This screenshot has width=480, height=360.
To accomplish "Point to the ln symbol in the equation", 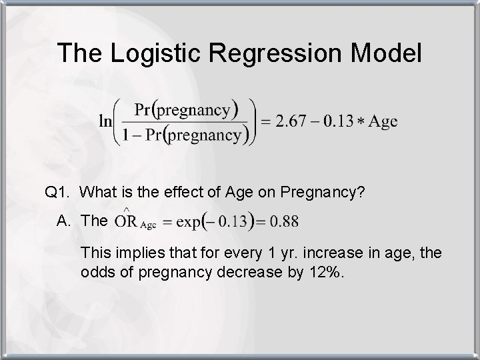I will pyautogui.click(x=105, y=121).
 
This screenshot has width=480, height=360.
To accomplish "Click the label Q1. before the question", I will pyautogui.click(x=57, y=193).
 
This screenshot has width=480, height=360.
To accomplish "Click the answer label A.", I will pyautogui.click(x=63, y=221).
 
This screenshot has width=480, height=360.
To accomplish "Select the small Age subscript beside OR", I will pyautogui.click(x=148, y=225).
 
